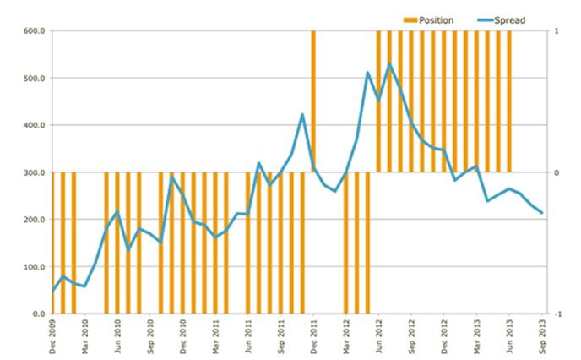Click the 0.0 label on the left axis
tap(37, 314)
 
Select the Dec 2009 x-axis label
tap(52, 334)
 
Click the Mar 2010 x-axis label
tap(85, 334)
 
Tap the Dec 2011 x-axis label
tap(313, 334)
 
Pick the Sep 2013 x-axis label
tap(541, 334)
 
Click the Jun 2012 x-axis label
tap(378, 334)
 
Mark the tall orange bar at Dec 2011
tap(313, 101)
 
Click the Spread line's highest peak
tap(390, 64)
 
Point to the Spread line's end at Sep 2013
tap(541, 213)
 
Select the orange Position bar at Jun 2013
tap(509, 101)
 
